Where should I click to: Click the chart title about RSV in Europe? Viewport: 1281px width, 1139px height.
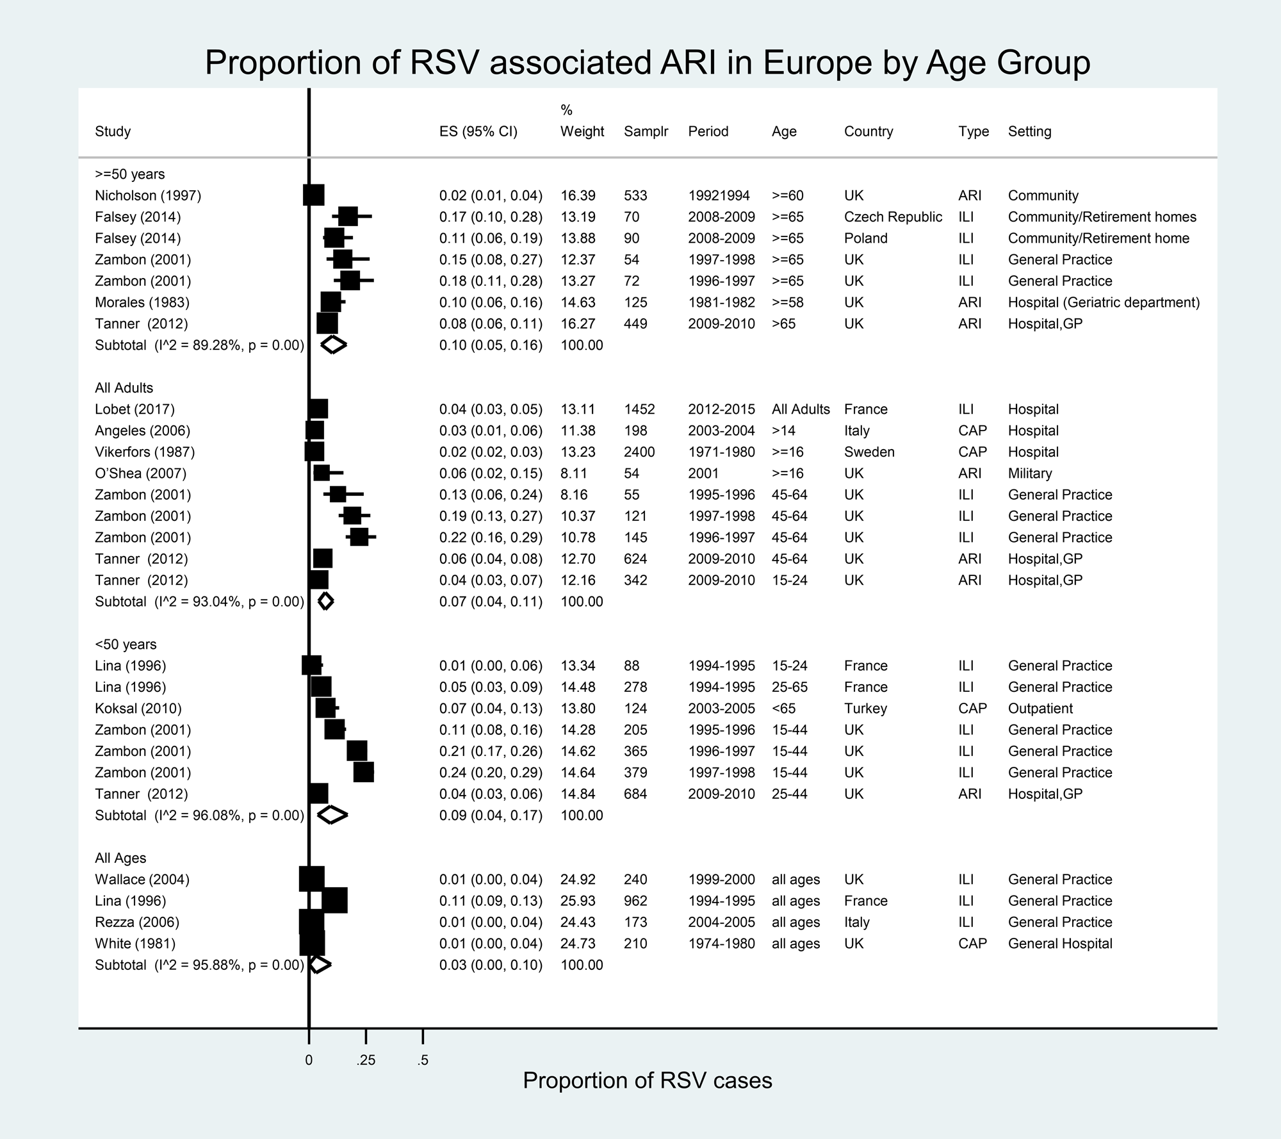(x=647, y=63)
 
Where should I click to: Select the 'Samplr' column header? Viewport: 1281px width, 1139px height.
(x=646, y=131)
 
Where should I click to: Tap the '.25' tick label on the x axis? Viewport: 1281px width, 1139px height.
(x=365, y=1060)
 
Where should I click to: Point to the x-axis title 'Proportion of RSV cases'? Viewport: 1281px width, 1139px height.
(x=647, y=1080)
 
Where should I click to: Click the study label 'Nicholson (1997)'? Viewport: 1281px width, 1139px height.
(x=148, y=195)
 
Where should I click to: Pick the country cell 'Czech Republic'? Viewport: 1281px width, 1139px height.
(x=893, y=217)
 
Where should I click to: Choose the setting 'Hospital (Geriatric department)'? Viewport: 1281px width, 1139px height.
(x=1104, y=302)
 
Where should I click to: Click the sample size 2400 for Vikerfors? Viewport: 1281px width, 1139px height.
(x=639, y=452)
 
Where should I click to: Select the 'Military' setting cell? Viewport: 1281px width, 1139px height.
(x=1030, y=473)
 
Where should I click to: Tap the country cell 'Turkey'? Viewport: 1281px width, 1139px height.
(x=865, y=709)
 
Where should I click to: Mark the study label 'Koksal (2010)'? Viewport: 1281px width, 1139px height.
(x=138, y=709)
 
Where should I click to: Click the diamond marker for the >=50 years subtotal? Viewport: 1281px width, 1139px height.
(x=333, y=345)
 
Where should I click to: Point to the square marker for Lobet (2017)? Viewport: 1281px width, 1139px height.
(x=318, y=409)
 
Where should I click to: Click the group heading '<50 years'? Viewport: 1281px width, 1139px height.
(x=126, y=644)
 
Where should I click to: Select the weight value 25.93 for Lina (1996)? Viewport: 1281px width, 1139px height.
(x=578, y=901)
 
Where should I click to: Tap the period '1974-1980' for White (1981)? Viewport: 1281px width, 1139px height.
(x=721, y=944)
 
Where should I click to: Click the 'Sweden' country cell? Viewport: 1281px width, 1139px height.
(x=869, y=452)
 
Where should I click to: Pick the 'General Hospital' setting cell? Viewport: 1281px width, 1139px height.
(x=1060, y=944)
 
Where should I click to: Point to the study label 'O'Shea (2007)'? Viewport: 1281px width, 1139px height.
(x=140, y=473)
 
